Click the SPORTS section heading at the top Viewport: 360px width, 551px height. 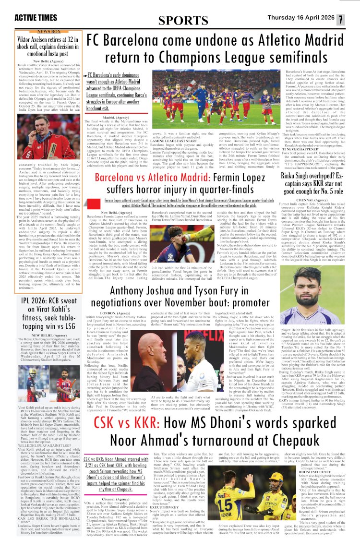tap(180, 20)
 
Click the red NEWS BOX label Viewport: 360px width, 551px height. tap(46, 31)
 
